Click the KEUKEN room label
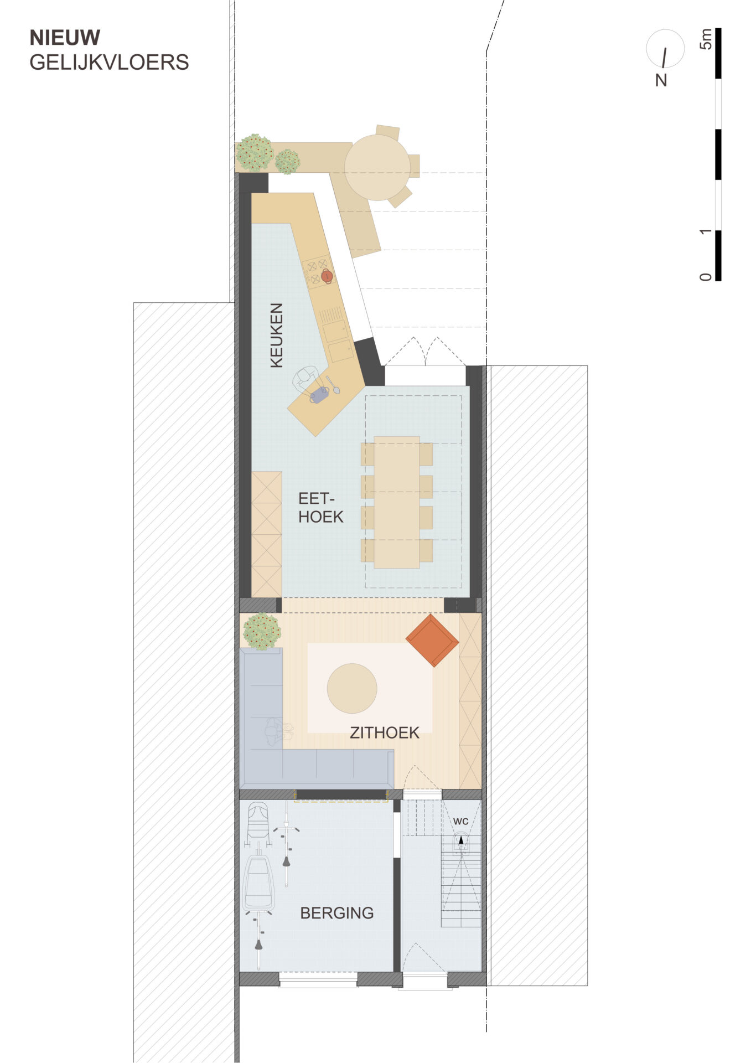point(276,335)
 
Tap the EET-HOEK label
point(320,508)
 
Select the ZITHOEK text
point(385,732)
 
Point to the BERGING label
point(336,913)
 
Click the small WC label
point(460,821)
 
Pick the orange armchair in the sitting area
point(432,640)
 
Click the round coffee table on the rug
point(352,689)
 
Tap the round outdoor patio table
point(377,167)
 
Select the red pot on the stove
point(327,275)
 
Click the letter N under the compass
point(661,81)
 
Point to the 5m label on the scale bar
point(706,39)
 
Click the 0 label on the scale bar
point(706,276)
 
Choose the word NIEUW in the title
point(65,38)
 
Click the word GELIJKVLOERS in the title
point(109,63)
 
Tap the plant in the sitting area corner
point(262,631)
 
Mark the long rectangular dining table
point(397,502)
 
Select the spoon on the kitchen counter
point(333,385)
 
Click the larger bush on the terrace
point(255,153)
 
